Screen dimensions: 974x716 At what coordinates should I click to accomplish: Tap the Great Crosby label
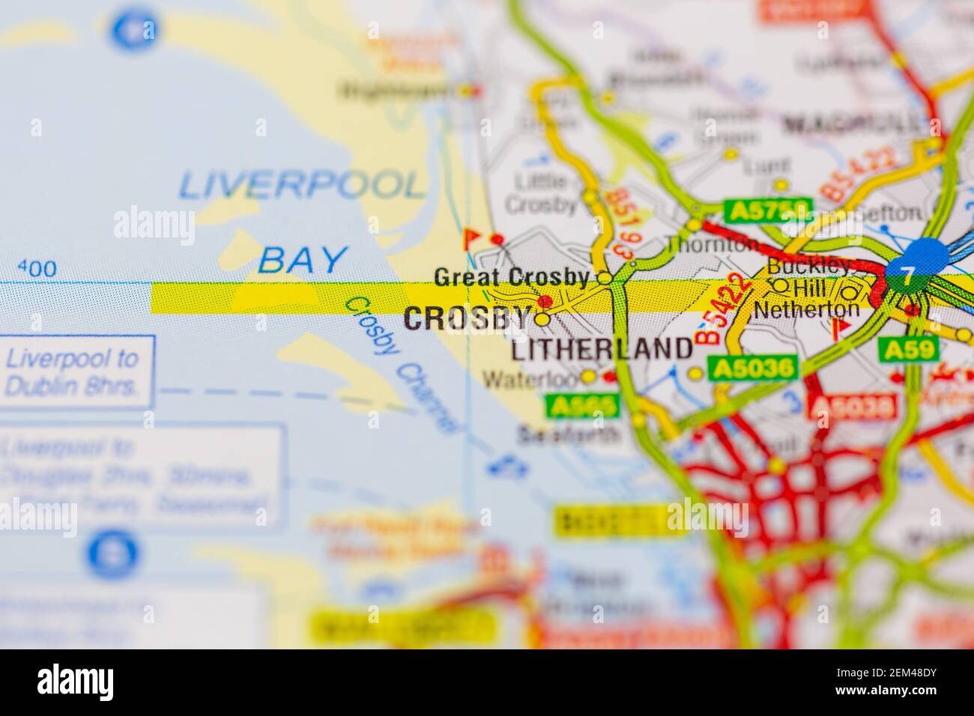[511, 277]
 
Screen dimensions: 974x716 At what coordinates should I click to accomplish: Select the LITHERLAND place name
[602, 348]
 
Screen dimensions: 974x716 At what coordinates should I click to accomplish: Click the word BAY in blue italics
[303, 260]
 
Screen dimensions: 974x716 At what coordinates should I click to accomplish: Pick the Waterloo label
[530, 379]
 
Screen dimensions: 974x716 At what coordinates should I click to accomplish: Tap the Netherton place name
[806, 309]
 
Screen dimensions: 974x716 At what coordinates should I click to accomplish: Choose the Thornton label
[711, 244]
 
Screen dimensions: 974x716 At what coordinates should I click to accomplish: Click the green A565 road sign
[584, 406]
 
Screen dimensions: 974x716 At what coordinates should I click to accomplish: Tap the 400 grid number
[36, 269]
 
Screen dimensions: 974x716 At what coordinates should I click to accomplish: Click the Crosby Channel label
[401, 363]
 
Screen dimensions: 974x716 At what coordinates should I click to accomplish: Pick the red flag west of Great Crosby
[472, 238]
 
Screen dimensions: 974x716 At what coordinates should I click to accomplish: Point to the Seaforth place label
[569, 434]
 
